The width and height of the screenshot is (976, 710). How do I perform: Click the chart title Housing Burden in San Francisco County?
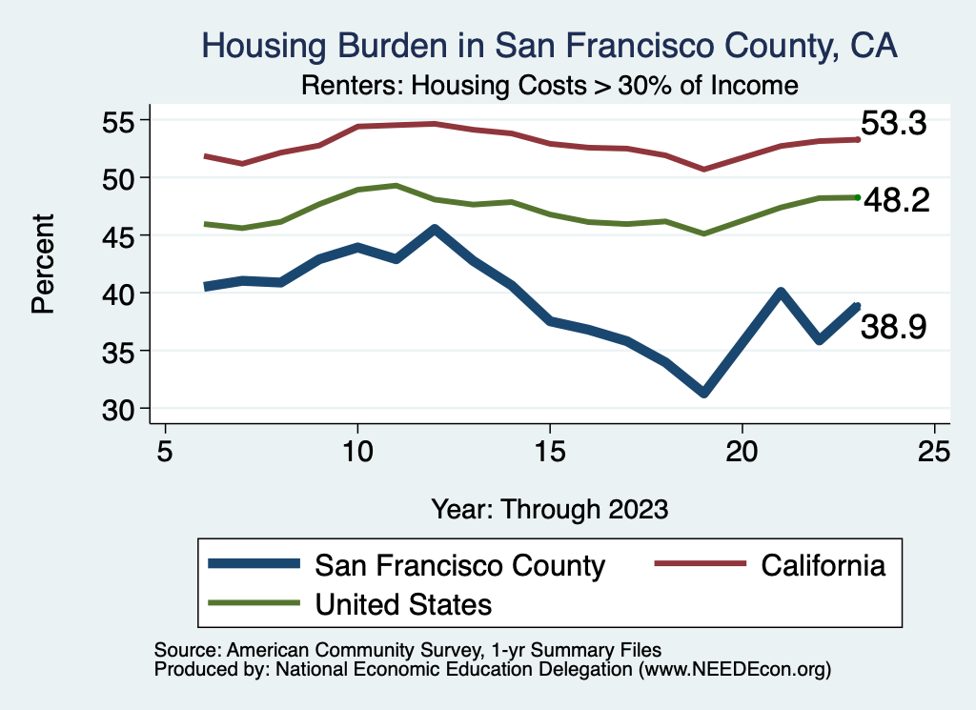(x=550, y=47)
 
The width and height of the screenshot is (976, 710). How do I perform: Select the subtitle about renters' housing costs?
(x=549, y=86)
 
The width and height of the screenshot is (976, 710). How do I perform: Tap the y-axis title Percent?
(x=43, y=264)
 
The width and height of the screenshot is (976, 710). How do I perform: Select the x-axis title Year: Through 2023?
(x=549, y=508)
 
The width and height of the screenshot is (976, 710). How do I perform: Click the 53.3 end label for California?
(x=894, y=124)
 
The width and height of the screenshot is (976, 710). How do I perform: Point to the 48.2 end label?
(x=896, y=201)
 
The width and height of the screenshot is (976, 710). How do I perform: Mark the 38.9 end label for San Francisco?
(x=894, y=328)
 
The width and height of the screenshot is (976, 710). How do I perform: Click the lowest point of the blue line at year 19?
(x=703, y=393)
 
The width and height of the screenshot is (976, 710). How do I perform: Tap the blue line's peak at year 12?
(x=435, y=229)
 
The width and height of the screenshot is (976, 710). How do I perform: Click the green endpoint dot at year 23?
(x=858, y=197)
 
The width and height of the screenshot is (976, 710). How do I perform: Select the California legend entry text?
(x=823, y=565)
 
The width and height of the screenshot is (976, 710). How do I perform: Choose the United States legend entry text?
(x=403, y=603)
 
